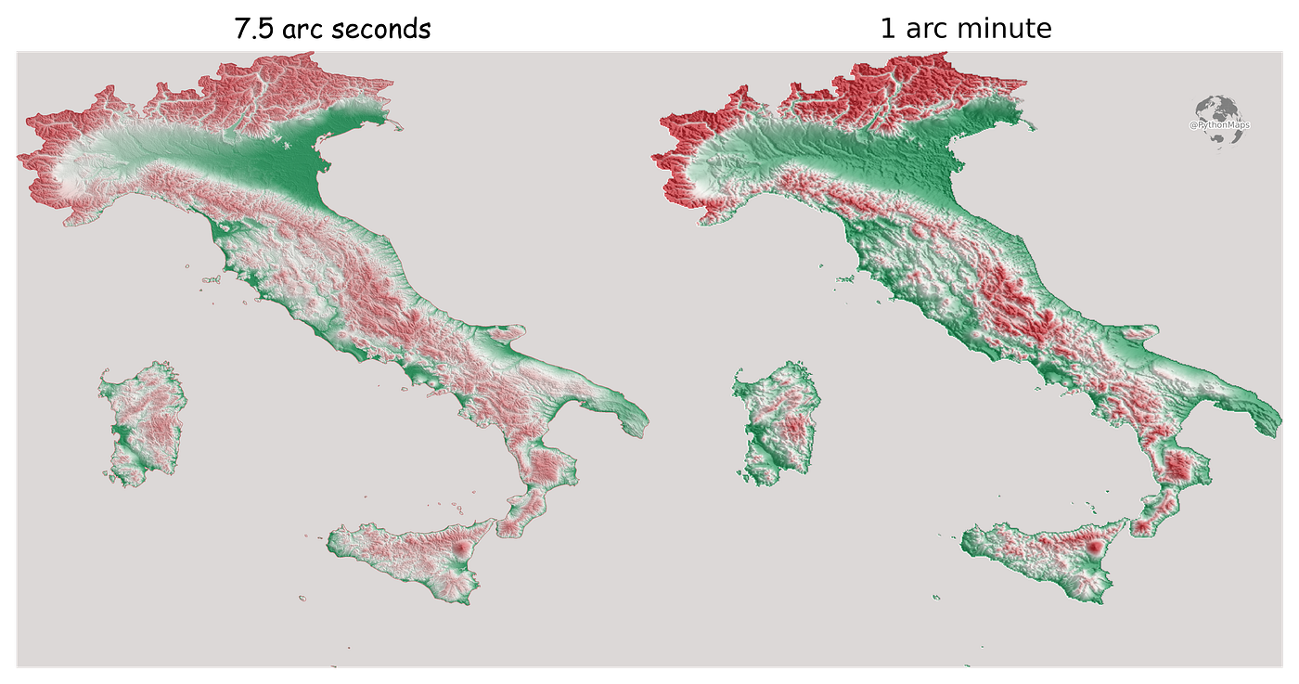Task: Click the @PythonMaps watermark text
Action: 1219,124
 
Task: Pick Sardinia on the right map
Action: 778,428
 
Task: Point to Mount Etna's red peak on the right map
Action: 1095,549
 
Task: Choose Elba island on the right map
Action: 845,277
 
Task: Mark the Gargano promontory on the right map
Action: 1141,332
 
